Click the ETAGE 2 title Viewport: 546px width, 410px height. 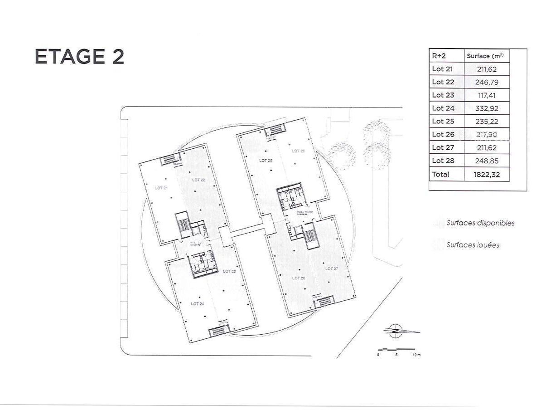tap(79, 57)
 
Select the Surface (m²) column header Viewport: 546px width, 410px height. tap(485, 56)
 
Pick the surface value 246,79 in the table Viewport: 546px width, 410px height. tap(487, 82)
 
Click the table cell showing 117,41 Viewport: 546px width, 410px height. tap(487, 95)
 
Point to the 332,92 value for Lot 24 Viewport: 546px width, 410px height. tap(487, 108)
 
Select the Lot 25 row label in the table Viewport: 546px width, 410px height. tap(443, 122)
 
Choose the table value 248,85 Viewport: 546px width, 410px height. tap(487, 161)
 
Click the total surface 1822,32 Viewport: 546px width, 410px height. tap(487, 174)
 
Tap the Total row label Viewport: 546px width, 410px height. tap(441, 174)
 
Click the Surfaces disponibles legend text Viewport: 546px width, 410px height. tap(480, 223)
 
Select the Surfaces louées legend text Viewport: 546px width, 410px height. tap(473, 245)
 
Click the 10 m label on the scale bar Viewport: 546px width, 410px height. tap(416, 355)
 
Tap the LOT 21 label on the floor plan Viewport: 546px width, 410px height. tap(162, 188)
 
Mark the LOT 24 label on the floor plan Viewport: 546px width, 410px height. tap(198, 303)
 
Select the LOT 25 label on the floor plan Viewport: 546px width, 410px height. tap(266, 161)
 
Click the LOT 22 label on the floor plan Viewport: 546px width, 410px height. tap(198, 180)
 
